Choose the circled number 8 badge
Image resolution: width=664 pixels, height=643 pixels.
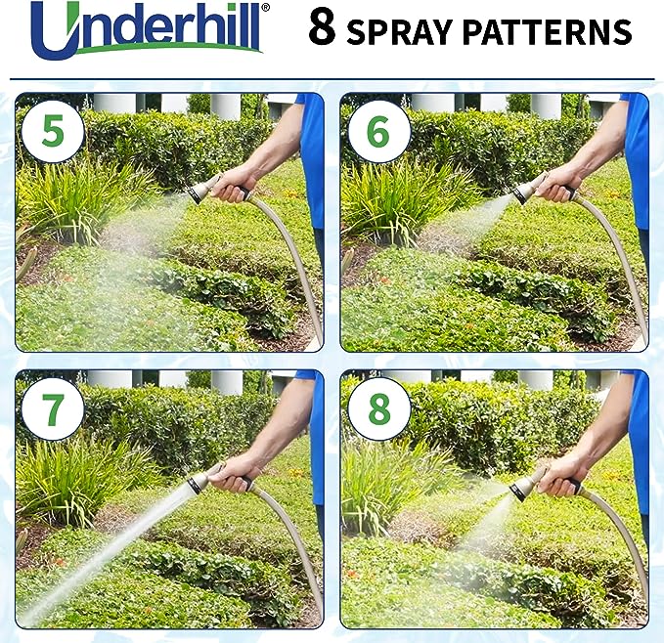click(378, 409)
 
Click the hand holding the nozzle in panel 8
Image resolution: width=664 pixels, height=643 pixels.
click(561, 473)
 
